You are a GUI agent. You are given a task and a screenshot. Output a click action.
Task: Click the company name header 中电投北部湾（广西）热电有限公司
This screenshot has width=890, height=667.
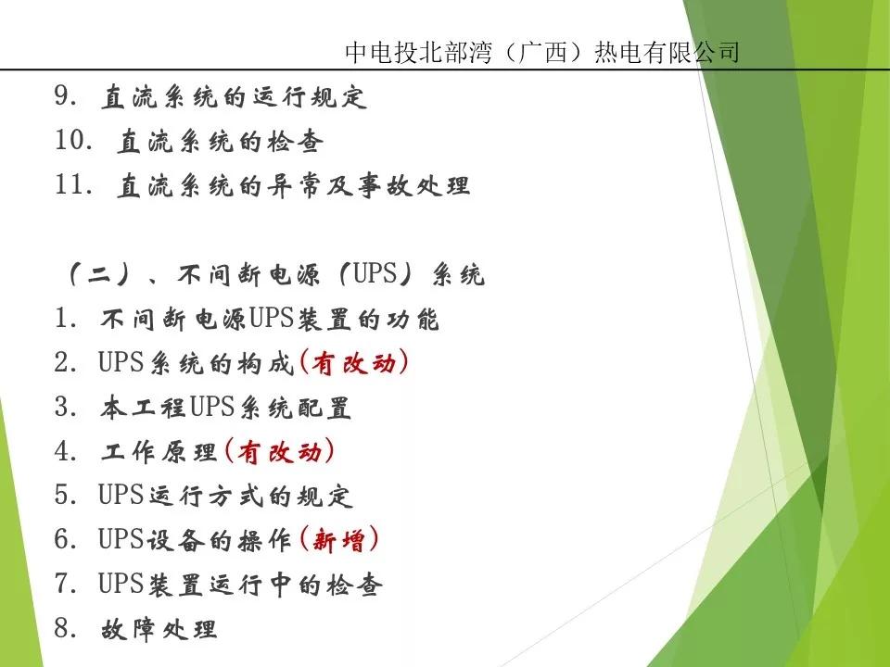point(541,52)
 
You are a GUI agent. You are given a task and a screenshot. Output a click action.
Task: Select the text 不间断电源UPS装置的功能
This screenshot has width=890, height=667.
point(269,320)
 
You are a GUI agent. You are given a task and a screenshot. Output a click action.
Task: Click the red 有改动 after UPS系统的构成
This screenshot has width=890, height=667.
point(353,364)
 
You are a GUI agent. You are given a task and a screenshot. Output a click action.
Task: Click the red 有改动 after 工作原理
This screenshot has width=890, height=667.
point(279,453)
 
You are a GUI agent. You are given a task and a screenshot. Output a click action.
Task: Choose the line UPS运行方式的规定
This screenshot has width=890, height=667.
point(225,497)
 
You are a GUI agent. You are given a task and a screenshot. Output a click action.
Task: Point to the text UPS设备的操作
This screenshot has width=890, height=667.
point(195,541)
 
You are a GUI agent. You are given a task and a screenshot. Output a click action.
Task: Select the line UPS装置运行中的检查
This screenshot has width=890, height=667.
point(240,585)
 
